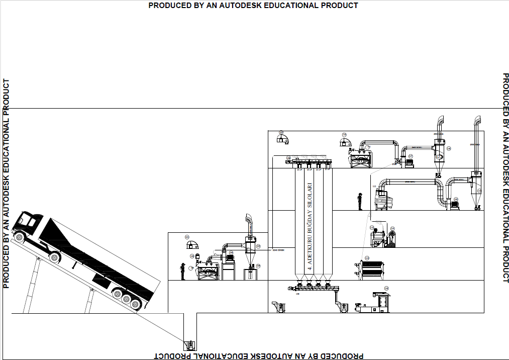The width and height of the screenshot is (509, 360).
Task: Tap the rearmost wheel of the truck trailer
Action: [x=136, y=304]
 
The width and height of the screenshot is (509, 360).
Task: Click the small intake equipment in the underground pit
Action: [x=190, y=345]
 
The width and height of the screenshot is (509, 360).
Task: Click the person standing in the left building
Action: [x=183, y=271]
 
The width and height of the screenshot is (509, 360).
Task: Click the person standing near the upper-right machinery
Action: [x=360, y=201]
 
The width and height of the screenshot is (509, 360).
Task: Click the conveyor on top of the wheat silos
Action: [x=312, y=161]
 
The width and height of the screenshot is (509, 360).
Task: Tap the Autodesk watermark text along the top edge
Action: [x=253, y=5]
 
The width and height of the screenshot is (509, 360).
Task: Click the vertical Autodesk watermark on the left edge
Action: [x=7, y=184]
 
